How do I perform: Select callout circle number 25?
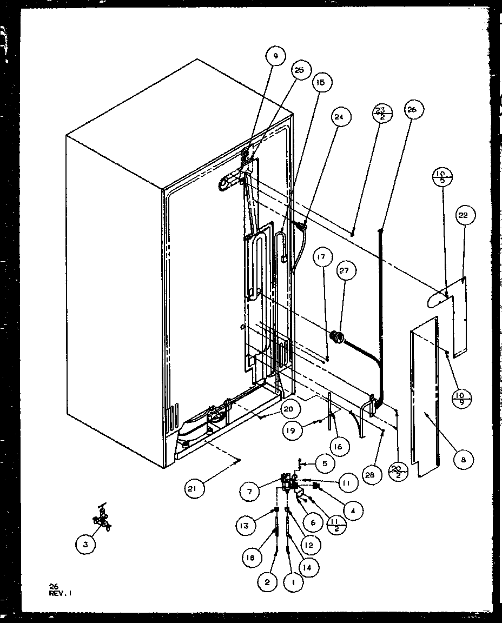(x=299, y=70)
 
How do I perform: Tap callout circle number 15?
(x=320, y=83)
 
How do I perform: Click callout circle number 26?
(x=412, y=109)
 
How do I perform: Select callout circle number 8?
(x=464, y=460)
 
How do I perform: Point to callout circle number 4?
(x=352, y=511)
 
